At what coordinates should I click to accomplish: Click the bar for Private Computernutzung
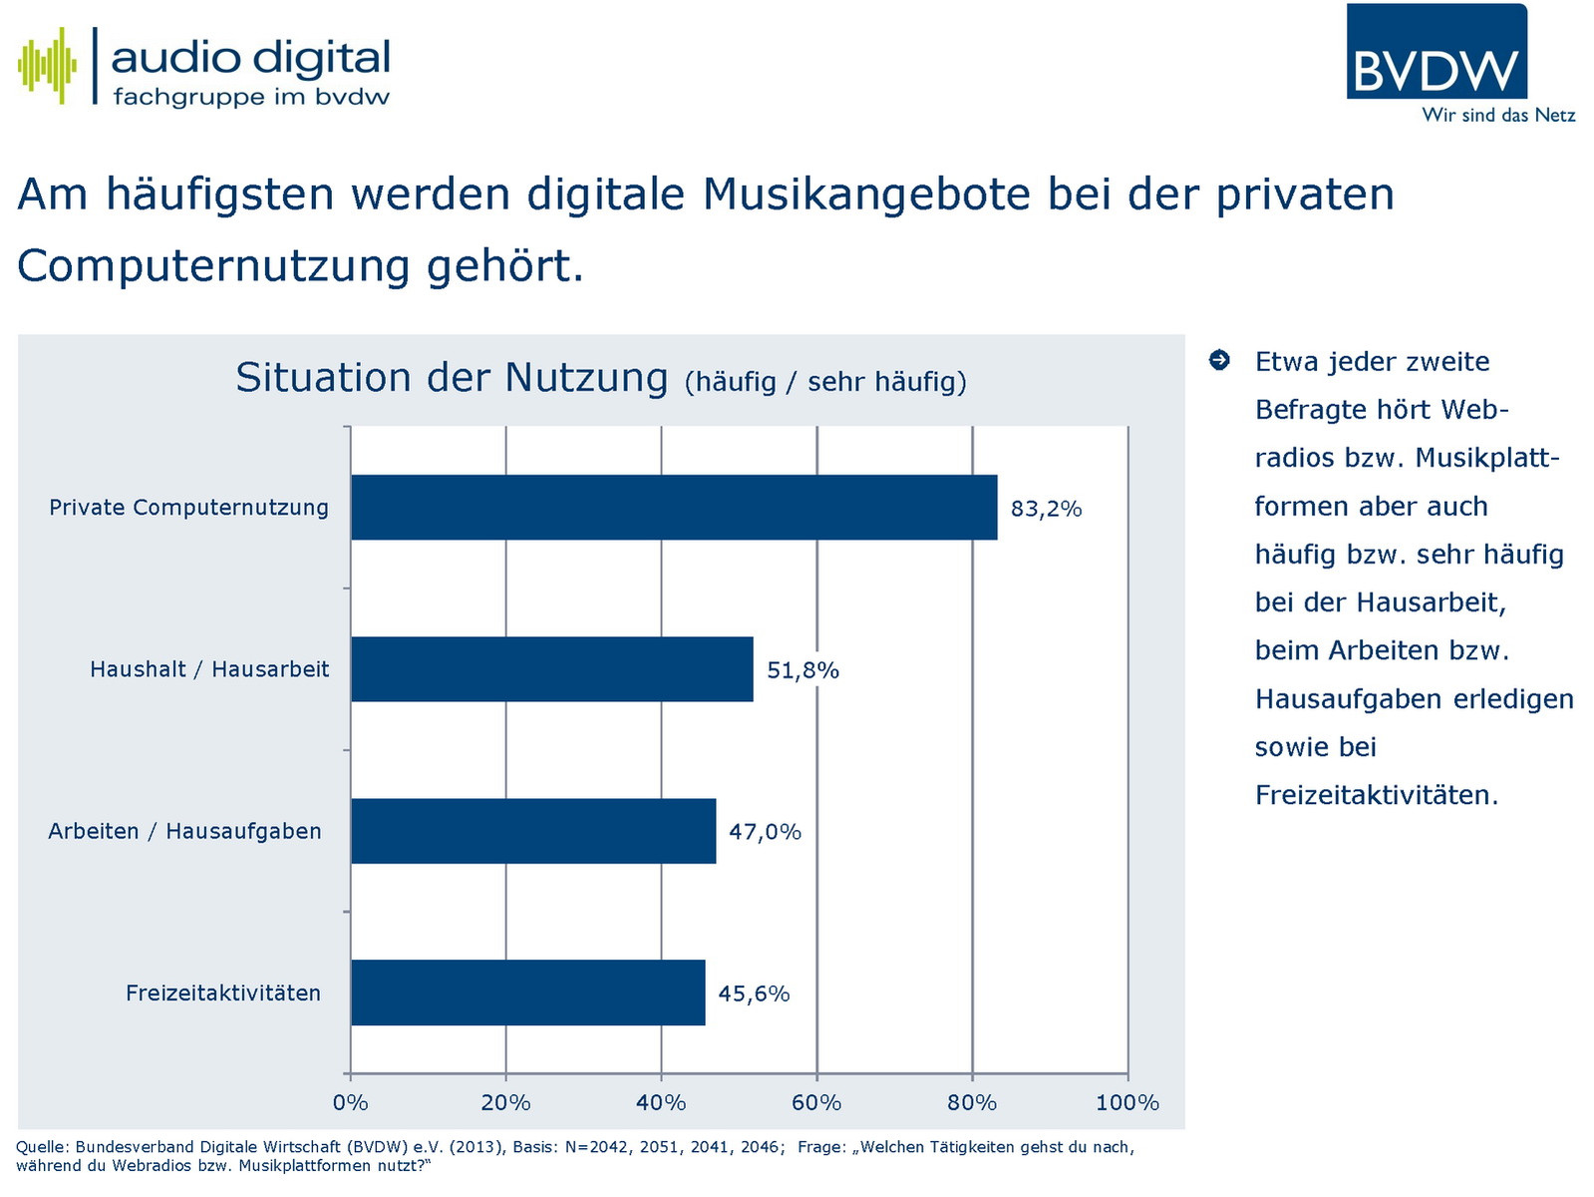(x=674, y=508)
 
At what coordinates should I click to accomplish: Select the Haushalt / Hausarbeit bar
(x=551, y=669)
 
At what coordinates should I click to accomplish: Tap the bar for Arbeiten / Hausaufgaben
(x=533, y=831)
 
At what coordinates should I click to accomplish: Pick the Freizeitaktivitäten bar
(x=527, y=993)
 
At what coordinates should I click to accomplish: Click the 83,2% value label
(x=1046, y=509)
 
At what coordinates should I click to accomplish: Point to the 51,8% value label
(x=802, y=670)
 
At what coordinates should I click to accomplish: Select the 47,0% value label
(x=765, y=832)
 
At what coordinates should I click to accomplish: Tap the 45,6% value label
(x=754, y=994)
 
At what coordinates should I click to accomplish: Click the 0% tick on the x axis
(x=350, y=1102)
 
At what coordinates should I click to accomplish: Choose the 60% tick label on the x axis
(x=816, y=1102)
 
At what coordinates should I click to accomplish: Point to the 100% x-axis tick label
(x=1127, y=1102)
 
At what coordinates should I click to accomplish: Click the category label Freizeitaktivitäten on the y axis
(x=223, y=994)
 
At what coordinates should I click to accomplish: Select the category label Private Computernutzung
(x=188, y=508)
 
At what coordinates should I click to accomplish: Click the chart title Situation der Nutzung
(x=452, y=379)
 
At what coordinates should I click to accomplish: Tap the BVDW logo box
(x=1436, y=52)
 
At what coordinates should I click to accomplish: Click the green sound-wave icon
(x=47, y=66)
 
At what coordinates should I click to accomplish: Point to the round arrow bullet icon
(x=1219, y=360)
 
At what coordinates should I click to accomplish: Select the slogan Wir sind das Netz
(x=1498, y=116)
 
